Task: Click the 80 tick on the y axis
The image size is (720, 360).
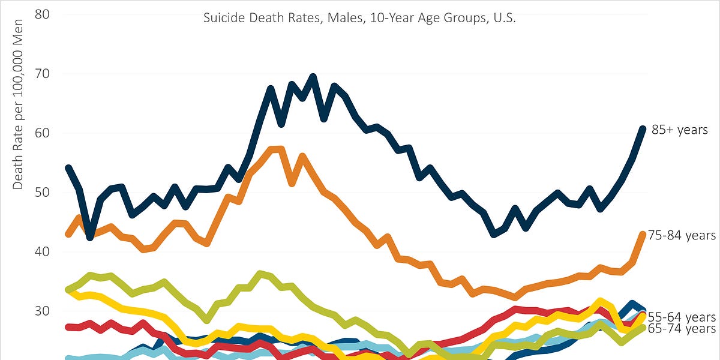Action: tap(41, 14)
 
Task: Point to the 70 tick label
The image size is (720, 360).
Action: tap(41, 74)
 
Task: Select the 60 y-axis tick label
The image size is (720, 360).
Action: tap(41, 133)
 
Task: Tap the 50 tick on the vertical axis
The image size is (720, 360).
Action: tap(41, 193)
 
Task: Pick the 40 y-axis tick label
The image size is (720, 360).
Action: tap(41, 252)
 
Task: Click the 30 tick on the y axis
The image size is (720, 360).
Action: tap(41, 311)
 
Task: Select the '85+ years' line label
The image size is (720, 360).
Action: tap(680, 130)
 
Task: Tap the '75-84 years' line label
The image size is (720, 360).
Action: tap(682, 235)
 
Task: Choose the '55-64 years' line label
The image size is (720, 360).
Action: tap(682, 317)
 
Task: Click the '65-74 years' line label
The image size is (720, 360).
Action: tap(682, 329)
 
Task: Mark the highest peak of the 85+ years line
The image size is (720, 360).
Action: tap(313, 77)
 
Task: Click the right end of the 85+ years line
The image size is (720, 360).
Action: tap(643, 128)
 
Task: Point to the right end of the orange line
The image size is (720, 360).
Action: tap(643, 234)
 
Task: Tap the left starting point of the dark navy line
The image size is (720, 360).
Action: tap(68, 168)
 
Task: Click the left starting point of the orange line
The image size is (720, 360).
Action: tap(68, 234)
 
